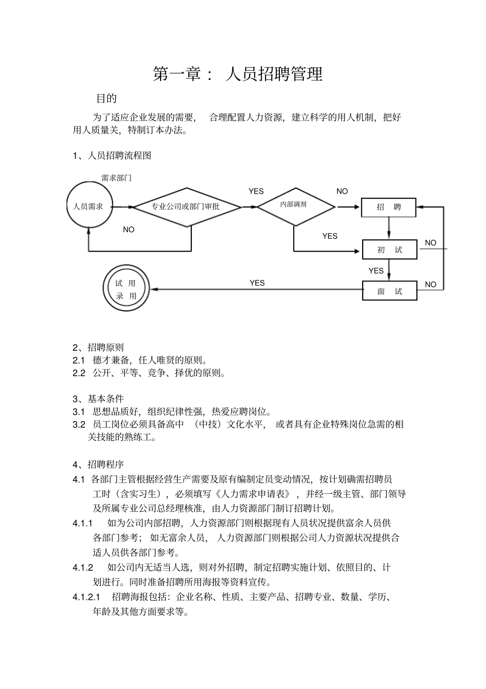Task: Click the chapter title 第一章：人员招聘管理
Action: point(238,74)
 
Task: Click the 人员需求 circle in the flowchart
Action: point(89,206)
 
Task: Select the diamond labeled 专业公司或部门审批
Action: point(186,206)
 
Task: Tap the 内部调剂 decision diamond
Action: point(295,205)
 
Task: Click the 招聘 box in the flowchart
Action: point(389,207)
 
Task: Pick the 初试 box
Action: point(389,250)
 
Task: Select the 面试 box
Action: point(389,291)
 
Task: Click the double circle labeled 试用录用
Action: point(126,289)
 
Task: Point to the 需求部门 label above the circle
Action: point(116,178)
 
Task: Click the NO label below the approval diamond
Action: point(129,230)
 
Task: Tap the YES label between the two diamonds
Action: point(256,192)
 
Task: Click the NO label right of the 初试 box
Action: point(431,243)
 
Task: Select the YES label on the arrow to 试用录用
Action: point(257,283)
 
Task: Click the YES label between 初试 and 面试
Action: point(376,270)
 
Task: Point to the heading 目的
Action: point(106,98)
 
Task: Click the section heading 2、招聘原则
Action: point(98,347)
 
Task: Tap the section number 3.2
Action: point(79,424)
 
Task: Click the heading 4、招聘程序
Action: point(98,465)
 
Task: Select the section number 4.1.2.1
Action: point(86,597)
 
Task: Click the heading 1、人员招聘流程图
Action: point(112,156)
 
